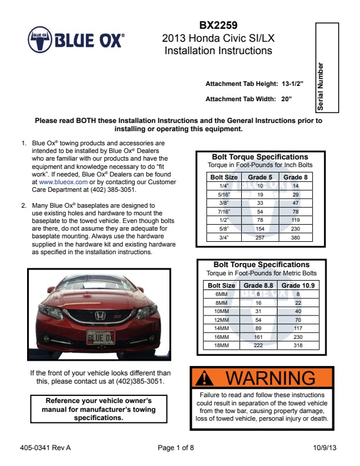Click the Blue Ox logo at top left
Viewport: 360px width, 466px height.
pos(76,41)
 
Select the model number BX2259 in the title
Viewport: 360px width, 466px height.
pos(218,25)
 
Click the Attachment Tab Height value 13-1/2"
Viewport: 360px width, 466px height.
pos(292,84)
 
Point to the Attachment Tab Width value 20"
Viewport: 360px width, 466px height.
pos(286,99)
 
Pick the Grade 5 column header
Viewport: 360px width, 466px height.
pos(260,177)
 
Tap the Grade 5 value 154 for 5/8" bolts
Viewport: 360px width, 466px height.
pos(260,229)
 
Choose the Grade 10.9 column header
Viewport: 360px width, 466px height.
pos(298,285)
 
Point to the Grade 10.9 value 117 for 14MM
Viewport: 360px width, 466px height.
pos(298,328)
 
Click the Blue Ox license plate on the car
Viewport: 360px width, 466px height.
pos(101,337)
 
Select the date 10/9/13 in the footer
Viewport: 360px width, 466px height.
pos(325,448)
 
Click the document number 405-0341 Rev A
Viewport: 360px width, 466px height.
pos(45,448)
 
